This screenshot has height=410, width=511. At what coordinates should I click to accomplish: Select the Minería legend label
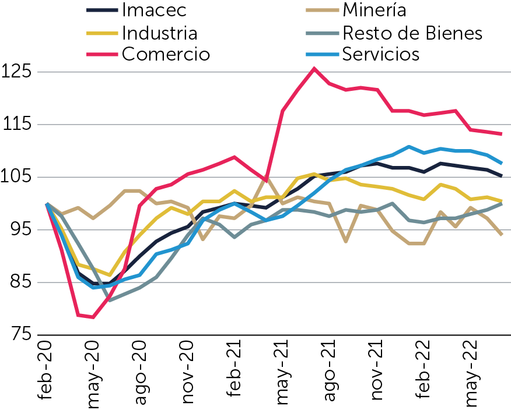[374, 10]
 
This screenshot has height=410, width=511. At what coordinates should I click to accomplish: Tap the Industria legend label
[159, 33]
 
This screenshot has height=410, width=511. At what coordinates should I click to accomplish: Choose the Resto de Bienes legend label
[412, 33]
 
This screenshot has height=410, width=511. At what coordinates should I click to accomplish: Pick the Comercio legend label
[166, 54]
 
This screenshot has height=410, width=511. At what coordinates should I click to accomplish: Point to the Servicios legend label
[381, 54]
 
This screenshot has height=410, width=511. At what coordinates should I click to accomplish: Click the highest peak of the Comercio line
[314, 69]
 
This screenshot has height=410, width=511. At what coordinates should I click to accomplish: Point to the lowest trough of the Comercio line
[93, 317]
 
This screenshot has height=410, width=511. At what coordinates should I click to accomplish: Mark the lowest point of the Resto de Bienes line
[109, 300]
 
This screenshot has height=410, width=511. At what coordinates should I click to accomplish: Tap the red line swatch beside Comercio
[101, 54]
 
